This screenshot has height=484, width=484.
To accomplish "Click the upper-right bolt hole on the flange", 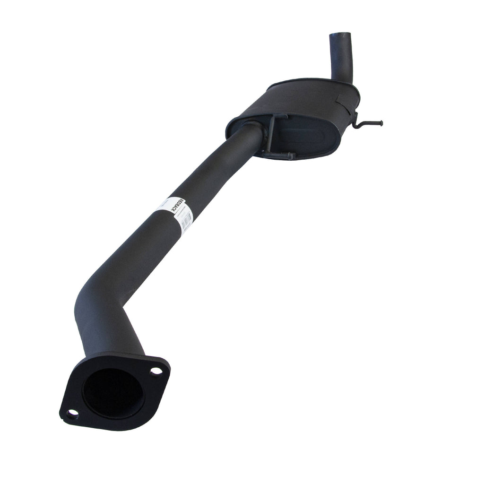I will [x=156, y=371].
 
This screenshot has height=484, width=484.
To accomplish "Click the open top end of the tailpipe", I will [x=339, y=35].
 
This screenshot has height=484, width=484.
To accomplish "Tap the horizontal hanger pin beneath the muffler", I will [x=279, y=155].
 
